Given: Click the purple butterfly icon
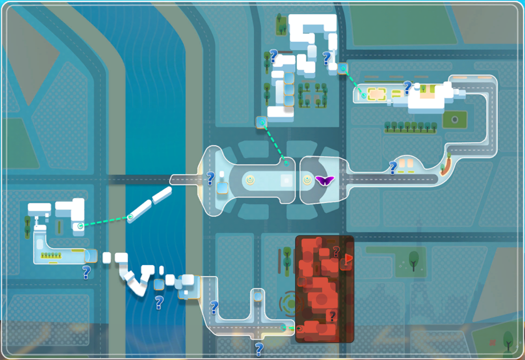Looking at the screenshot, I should click(324, 181).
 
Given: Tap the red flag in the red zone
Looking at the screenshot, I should click(349, 258).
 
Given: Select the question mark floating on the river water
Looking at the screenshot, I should click(159, 302).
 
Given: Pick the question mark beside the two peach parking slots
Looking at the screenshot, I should click(393, 168).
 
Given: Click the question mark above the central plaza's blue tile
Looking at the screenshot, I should click(211, 178).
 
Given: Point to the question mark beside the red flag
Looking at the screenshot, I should click(336, 252).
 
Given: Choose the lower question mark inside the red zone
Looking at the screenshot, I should click(332, 316).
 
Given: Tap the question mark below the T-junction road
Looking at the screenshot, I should click(259, 349).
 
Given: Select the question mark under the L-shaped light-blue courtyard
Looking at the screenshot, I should click(86, 272).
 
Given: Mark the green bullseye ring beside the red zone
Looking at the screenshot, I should click(291, 303).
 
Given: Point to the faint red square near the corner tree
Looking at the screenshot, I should click(492, 342).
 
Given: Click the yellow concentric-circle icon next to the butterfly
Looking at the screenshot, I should click(307, 180).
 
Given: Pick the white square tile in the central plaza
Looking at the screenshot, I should click(286, 180).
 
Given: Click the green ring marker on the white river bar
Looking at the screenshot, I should click(130, 217).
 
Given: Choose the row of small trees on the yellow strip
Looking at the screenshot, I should click(51, 255).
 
